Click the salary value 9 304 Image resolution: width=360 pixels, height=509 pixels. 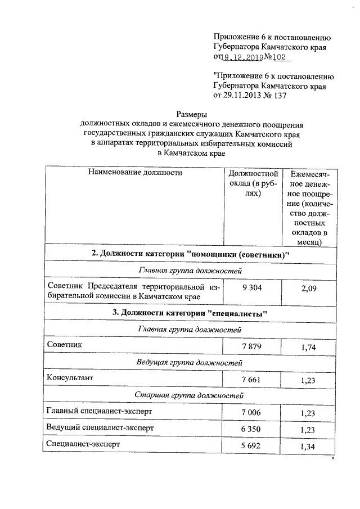(251, 287)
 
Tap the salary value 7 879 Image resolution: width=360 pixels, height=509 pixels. (251, 346)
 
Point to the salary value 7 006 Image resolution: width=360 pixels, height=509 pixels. (251, 412)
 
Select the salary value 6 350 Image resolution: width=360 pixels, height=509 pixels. (251, 429)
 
